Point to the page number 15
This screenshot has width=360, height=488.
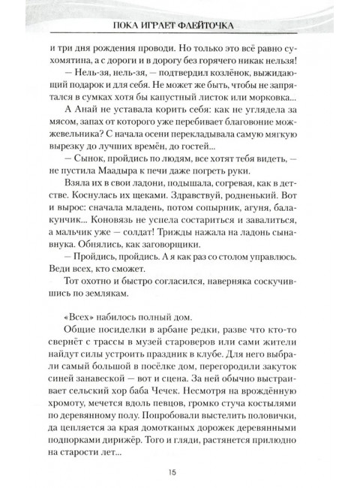(180, 471)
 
